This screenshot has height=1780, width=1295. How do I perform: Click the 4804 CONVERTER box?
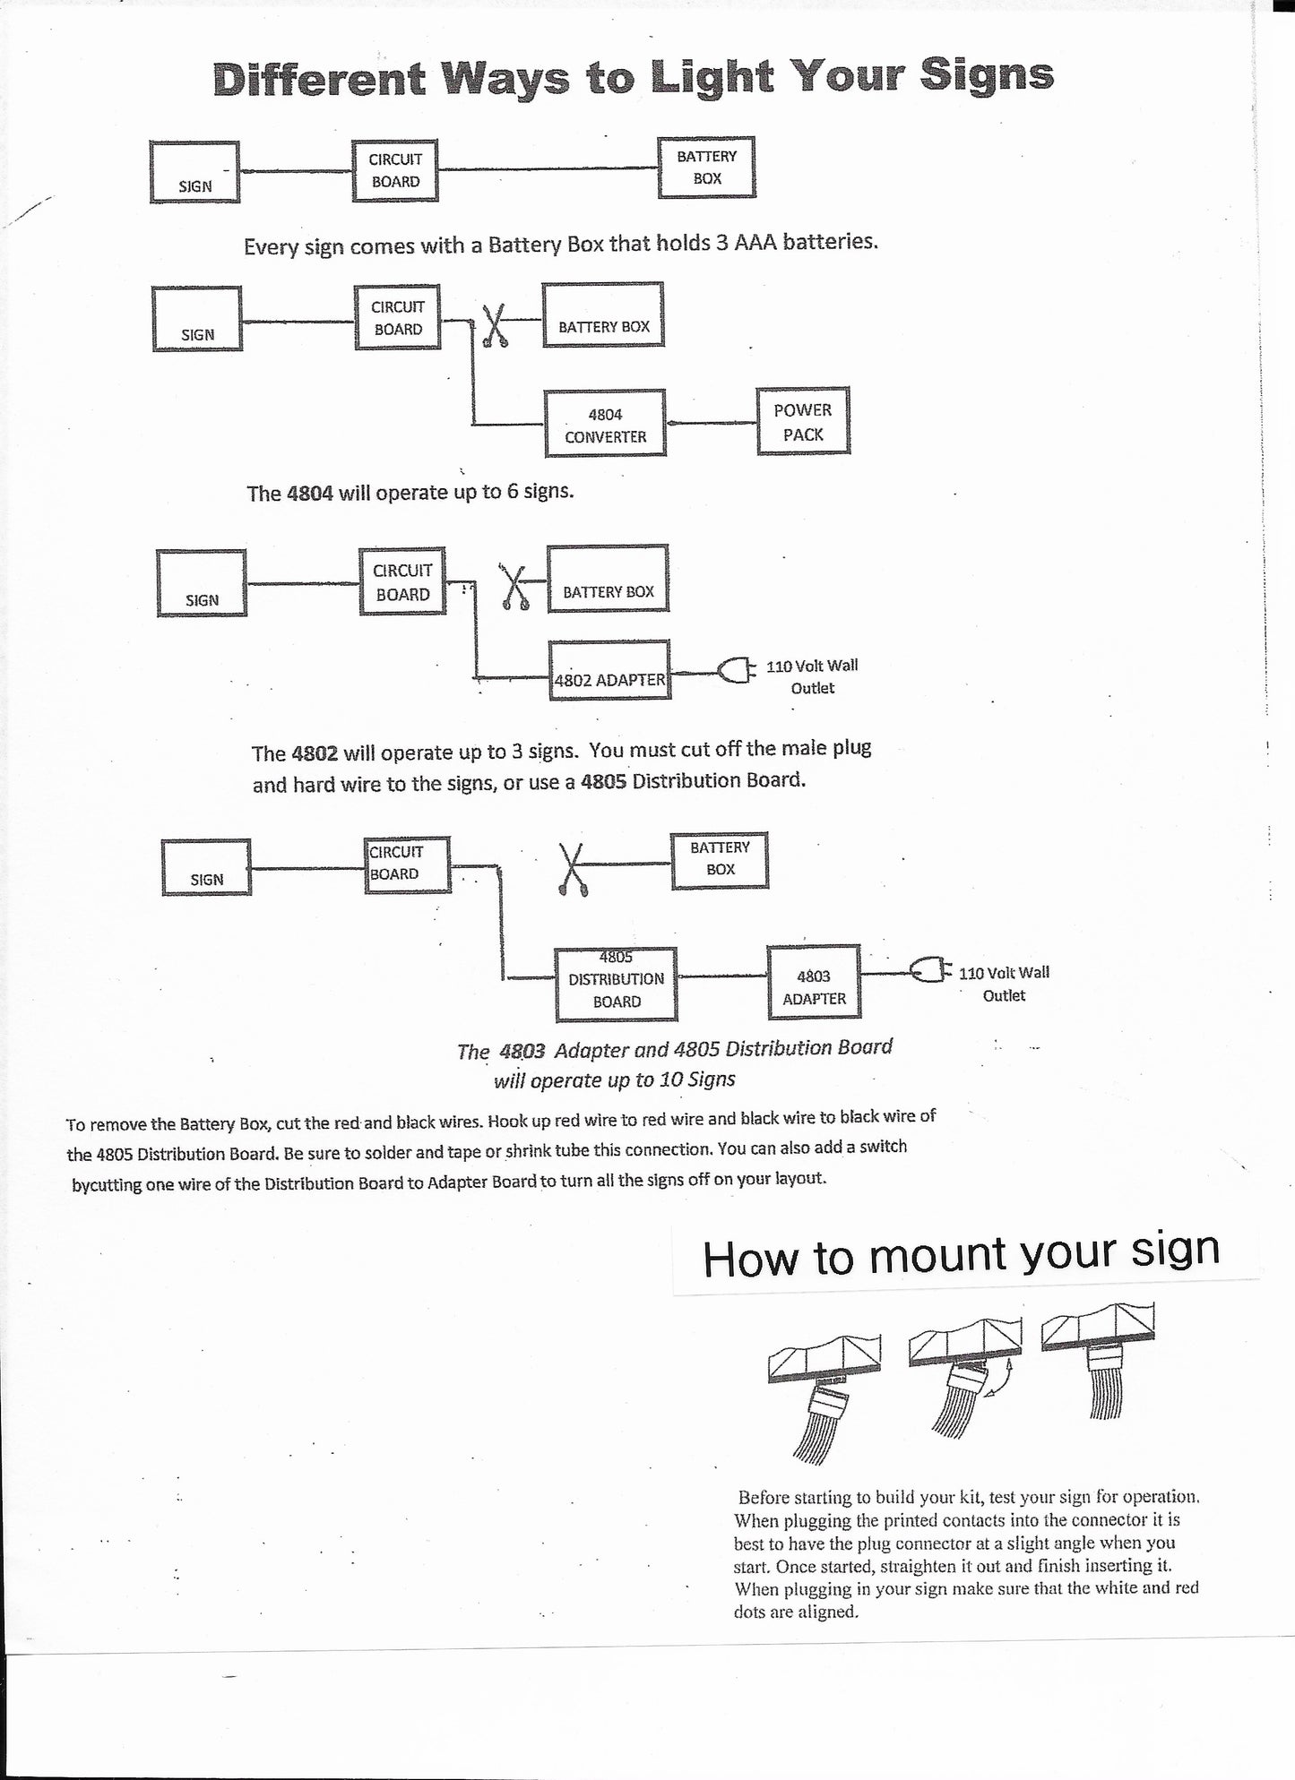(606, 423)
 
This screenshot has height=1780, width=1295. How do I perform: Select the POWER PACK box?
(803, 421)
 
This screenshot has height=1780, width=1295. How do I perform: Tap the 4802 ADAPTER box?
(609, 670)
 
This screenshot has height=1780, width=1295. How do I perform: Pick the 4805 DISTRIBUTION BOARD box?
(617, 984)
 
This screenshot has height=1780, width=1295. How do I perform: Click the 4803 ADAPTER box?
(814, 982)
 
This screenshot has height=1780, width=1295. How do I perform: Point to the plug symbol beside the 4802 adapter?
(736, 670)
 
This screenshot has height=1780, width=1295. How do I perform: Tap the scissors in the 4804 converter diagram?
(494, 325)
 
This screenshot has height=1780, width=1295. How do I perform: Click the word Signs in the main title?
(986, 75)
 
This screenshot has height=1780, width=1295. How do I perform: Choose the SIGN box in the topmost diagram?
(194, 171)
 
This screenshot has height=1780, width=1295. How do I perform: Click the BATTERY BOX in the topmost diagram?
(707, 168)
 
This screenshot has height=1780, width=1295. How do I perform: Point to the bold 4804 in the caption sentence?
(310, 493)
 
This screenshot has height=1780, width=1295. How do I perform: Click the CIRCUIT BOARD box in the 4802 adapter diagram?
(402, 581)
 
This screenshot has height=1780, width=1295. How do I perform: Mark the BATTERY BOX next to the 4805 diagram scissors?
(720, 859)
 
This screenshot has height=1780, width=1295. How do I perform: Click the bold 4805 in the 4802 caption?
(604, 780)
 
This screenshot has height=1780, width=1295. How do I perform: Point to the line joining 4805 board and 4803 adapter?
(722, 976)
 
